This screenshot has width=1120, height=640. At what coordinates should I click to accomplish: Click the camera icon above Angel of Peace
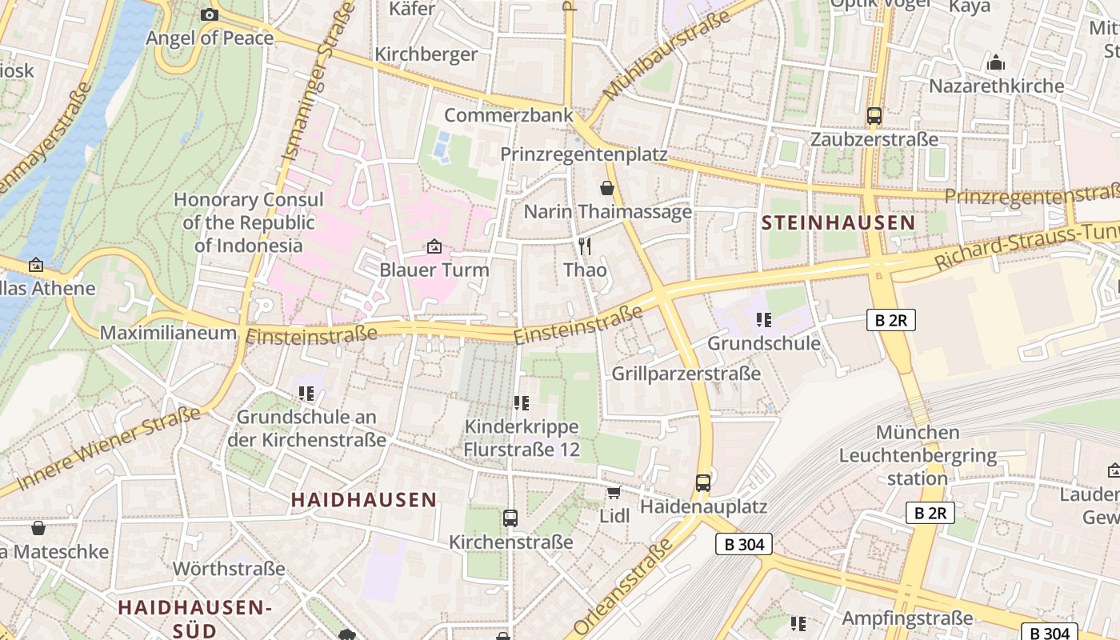209,14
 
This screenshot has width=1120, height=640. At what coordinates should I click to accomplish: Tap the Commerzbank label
509,115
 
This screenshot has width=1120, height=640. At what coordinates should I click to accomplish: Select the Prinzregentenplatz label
583,154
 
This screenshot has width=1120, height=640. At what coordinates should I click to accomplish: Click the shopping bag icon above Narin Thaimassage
607,188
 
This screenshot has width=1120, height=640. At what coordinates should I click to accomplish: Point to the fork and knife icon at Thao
585,246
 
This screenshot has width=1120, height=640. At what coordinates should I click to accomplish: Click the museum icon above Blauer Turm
434,246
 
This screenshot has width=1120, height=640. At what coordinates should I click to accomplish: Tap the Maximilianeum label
168,333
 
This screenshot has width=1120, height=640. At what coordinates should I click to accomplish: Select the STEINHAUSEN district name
838,223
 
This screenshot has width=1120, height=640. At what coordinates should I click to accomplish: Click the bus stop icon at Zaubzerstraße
874,116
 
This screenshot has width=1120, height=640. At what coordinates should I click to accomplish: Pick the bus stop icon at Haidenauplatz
703,482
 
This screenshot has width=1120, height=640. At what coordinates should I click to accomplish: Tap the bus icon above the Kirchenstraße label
510,518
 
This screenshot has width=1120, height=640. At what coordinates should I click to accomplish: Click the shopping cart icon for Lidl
614,492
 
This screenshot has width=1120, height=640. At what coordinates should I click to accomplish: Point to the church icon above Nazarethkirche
996,62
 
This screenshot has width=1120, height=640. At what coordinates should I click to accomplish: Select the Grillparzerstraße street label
686,374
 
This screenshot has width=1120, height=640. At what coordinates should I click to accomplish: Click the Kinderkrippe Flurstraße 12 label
522,438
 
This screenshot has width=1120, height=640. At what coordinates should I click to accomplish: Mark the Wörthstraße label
229,569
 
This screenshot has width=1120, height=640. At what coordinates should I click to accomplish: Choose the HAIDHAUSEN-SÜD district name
195,618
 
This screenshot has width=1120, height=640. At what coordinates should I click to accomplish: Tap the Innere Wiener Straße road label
109,448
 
